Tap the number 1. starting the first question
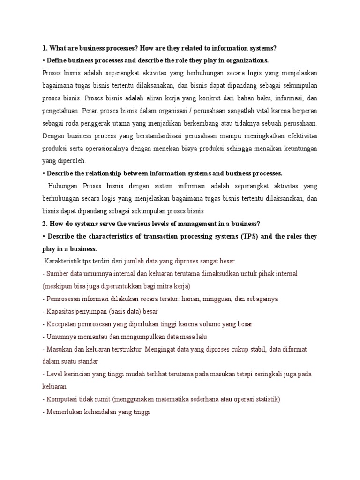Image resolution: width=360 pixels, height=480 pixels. (x=45, y=48)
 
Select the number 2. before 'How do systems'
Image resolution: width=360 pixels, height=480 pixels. (x=45, y=224)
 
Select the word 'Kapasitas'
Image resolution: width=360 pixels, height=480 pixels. (x=61, y=312)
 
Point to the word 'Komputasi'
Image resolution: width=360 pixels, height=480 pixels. (x=62, y=400)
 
